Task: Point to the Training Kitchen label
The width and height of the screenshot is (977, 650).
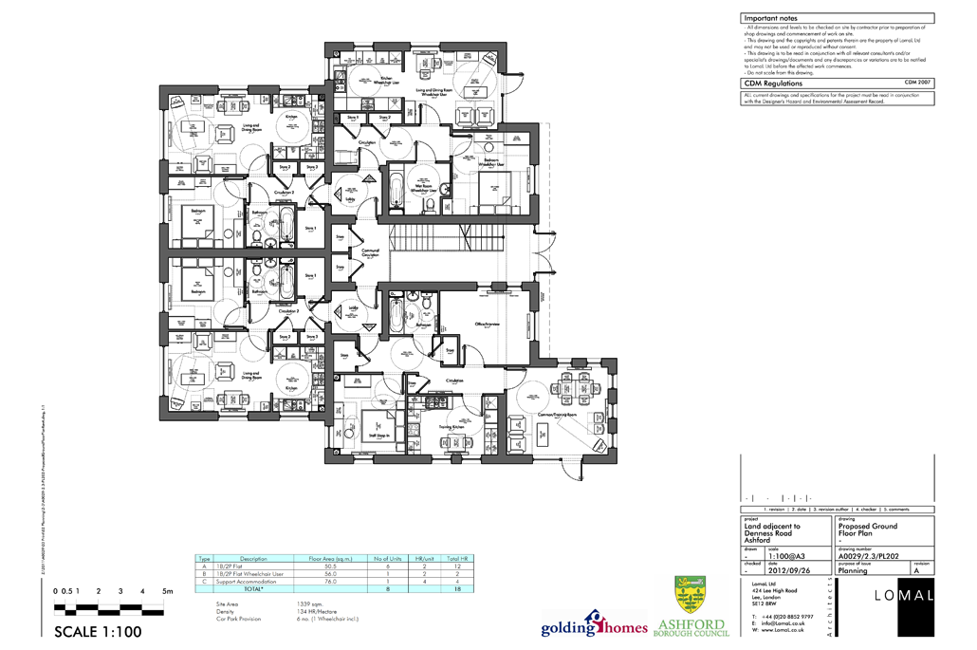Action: [451, 427]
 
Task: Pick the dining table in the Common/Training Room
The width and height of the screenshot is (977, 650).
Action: [580, 384]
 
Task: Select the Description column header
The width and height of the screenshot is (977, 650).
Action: [253, 559]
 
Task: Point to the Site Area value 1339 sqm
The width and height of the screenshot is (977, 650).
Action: [310, 604]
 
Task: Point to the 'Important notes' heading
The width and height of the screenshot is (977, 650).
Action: [770, 18]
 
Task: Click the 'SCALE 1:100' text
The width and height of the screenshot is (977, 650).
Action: [98, 632]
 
